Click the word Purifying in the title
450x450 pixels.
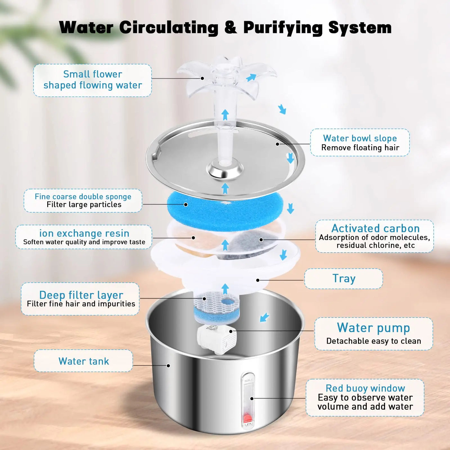pyautogui.click(x=283, y=28)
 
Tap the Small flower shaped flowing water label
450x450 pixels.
pyautogui.click(x=93, y=80)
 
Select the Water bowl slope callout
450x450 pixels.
pyautogui.click(x=360, y=142)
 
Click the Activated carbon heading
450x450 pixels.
pyautogui.click(x=375, y=228)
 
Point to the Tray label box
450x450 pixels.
pyautogui.click(x=343, y=279)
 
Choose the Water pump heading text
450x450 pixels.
pyautogui.click(x=373, y=328)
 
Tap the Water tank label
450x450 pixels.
pyautogui.click(x=84, y=361)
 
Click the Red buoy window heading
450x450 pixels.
pyautogui.click(x=365, y=388)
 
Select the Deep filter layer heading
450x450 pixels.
pyautogui.click(x=81, y=295)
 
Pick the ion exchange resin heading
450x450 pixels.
pyautogui.click(x=84, y=233)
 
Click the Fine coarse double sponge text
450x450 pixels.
pyautogui.click(x=83, y=196)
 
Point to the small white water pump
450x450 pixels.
pyautogui.click(x=217, y=339)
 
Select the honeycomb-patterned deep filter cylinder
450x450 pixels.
pyautogui.click(x=215, y=307)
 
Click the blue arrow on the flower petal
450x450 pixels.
pyautogui.click(x=251, y=77)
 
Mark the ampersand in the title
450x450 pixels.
pyautogui.click(x=230, y=28)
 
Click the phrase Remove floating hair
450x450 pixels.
pyautogui.click(x=360, y=148)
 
